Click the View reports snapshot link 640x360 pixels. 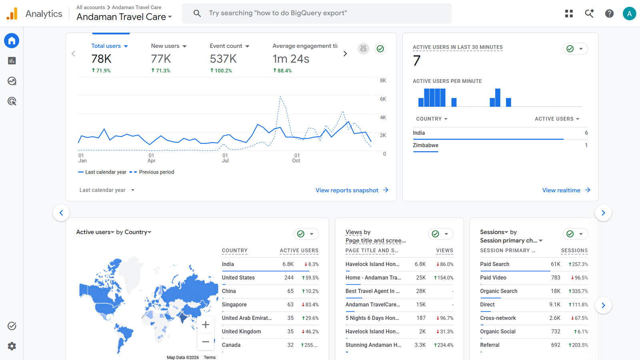pos(352,190)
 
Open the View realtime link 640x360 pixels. pos(566,190)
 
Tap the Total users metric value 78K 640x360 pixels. pos(101,59)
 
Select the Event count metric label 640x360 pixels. pos(226,46)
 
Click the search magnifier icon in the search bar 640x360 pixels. pos(197,13)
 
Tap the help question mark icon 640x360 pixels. pos(609,14)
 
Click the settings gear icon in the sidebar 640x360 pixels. pos(12,346)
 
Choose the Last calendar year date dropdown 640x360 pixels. pos(107,190)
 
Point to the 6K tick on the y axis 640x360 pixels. pos(383,99)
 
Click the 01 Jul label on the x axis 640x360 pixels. pos(225,158)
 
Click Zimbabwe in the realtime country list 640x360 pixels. pos(426,145)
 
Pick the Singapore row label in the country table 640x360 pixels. pos(234,304)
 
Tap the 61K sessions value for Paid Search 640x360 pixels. pos(556,264)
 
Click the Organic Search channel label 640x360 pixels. pos(498,291)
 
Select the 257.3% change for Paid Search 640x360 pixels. pos(578,264)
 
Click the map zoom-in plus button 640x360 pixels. pos(206,324)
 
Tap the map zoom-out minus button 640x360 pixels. pos(206,342)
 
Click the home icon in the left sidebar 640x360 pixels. pos(12,40)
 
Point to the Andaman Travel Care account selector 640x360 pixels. pos(124,17)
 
